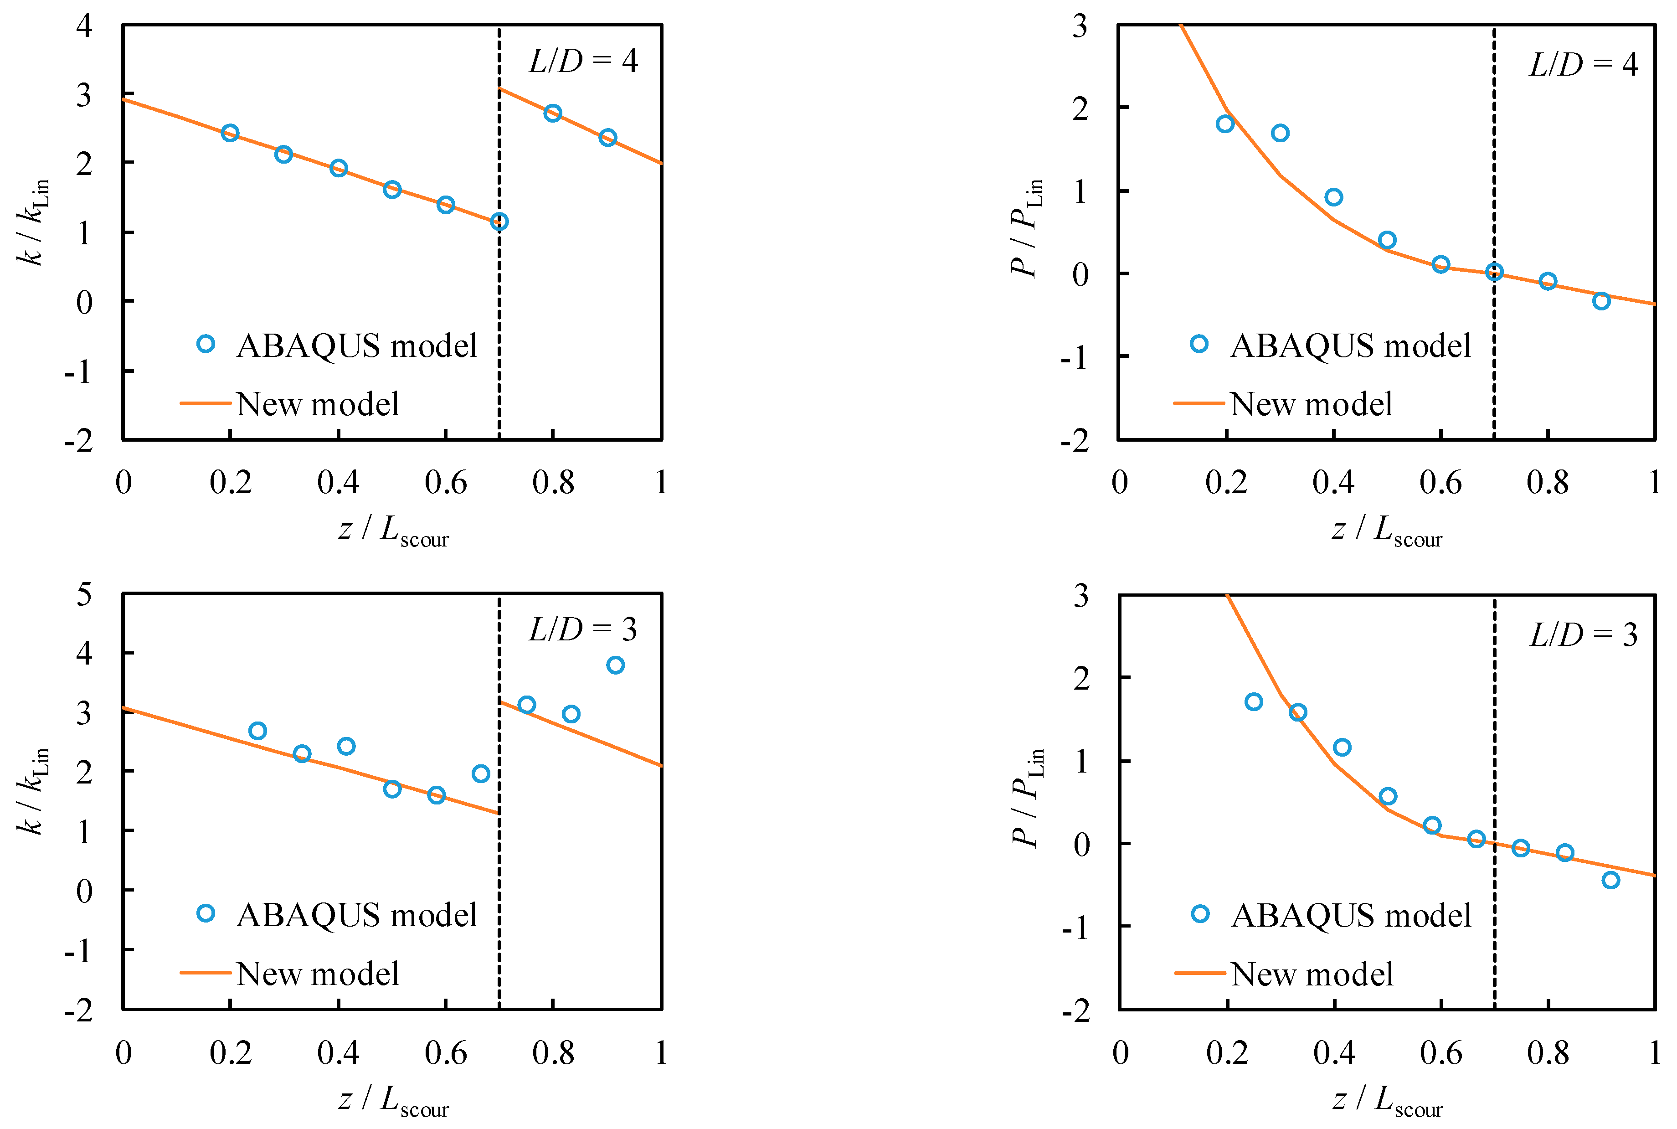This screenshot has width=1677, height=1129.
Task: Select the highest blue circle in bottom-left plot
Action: click(615, 665)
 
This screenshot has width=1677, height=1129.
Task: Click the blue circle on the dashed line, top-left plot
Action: click(499, 221)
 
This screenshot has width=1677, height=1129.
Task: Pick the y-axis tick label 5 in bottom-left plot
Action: click(84, 595)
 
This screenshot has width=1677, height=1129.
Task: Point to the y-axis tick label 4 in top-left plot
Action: click(84, 26)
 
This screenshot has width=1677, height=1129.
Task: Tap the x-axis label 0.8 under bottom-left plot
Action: click(553, 1053)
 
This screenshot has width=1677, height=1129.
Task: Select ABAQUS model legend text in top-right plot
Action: click(1350, 345)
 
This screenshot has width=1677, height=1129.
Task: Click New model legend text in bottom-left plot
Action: click(318, 974)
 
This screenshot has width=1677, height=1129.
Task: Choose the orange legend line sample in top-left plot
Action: click(205, 403)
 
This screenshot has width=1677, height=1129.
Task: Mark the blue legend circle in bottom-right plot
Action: click(1200, 914)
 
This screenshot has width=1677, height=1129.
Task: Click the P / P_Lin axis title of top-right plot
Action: click(1026, 227)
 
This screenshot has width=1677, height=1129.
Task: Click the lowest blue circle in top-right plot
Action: click(1601, 301)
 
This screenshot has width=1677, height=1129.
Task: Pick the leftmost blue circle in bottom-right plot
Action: click(1254, 701)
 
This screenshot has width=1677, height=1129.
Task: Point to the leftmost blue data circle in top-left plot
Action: click(230, 133)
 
